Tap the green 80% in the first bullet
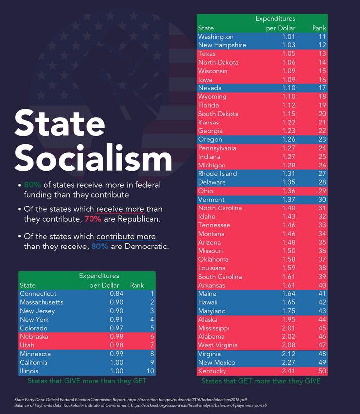tap(32, 185)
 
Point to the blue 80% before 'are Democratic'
tap(100, 246)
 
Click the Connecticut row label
tap(38, 294)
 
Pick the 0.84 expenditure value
tap(116, 294)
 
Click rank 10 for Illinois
tap(150, 371)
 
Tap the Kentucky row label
tap(212, 371)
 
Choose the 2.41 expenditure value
tap(288, 371)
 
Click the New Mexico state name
tap(219, 362)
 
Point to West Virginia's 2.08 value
tap(288, 345)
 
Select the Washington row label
tap(216, 37)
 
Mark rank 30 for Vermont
tap(322, 200)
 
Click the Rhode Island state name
tap(218, 174)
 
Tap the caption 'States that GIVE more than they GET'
tap(87, 381)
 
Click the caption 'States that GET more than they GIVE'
tap(261, 381)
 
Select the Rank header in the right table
tap(319, 28)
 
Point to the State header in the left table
tap(28, 285)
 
